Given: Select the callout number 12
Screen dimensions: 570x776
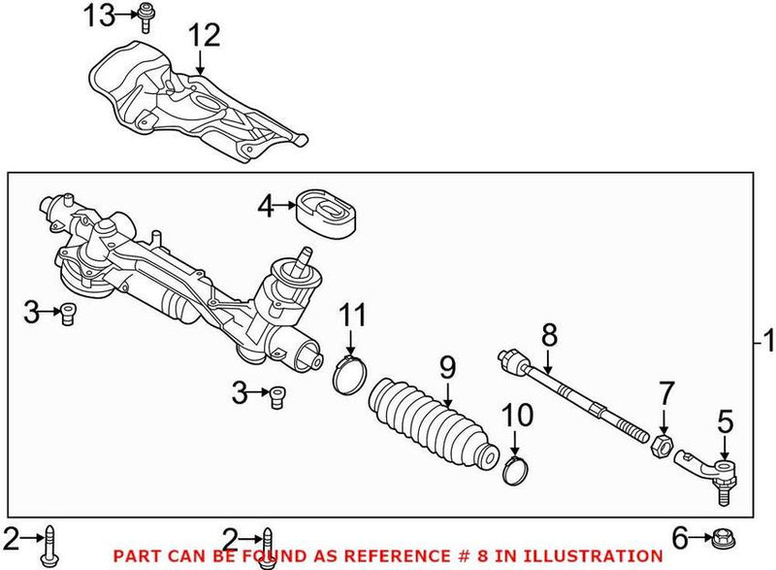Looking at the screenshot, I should (x=205, y=37).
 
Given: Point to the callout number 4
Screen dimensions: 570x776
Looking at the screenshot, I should (x=266, y=205).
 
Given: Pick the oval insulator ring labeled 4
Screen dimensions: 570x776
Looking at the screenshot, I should (x=326, y=208).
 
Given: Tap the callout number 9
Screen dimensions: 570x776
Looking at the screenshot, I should (x=447, y=368).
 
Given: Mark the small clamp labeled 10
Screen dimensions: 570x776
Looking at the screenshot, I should (x=516, y=470).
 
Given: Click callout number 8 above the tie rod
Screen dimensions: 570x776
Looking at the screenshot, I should (x=549, y=336).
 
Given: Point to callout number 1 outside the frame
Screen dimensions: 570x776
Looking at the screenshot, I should (x=766, y=342).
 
